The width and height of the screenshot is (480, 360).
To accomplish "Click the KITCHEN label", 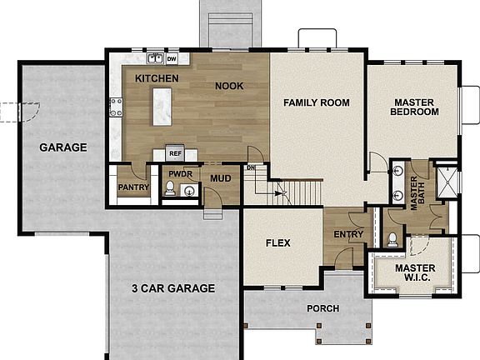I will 157,77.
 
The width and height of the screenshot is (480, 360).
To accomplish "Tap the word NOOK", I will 229,85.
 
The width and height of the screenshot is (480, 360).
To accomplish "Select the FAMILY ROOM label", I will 316,102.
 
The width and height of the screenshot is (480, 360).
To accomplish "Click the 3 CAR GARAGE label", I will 173,288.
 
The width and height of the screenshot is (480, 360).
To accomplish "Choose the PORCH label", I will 322,308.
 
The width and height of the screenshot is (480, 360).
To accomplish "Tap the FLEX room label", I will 277,244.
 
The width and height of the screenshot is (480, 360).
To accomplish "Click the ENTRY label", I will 348,234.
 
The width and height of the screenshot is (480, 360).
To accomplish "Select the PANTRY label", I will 133,187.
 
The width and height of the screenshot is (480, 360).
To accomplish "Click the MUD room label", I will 220,177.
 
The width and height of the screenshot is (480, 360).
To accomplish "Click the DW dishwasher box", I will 172,59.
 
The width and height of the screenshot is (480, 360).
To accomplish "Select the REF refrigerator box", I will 175,153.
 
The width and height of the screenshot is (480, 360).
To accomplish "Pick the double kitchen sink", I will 155,59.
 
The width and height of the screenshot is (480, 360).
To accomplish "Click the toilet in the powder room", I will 170,190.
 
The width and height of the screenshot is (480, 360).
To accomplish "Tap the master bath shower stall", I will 447,180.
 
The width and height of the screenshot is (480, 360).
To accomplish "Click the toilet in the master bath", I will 392,238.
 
